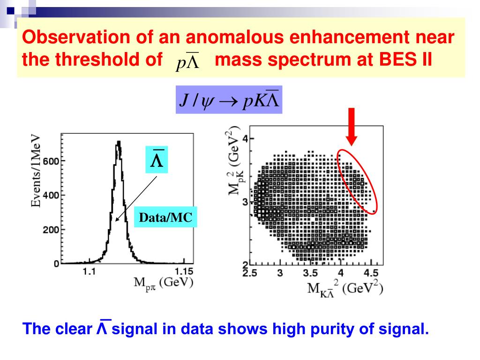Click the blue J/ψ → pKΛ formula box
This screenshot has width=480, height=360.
pos(228,100)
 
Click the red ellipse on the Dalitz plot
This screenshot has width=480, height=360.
pos(357,180)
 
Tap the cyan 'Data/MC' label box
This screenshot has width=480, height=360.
pos(165,217)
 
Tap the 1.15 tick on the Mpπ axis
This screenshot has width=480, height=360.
pos(184,271)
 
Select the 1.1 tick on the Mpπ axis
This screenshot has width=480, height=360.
pos(89,271)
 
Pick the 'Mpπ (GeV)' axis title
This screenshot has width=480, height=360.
pos(164,283)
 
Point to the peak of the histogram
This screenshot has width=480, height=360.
pos(119,142)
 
